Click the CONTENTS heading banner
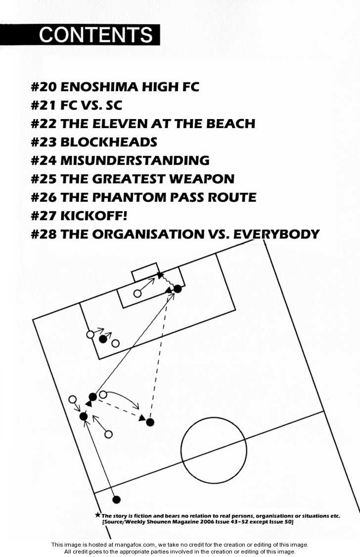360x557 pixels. [80, 35]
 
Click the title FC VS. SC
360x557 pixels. [91, 106]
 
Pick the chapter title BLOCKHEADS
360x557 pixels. [109, 142]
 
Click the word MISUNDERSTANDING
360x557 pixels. [135, 161]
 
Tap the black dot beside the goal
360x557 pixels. [178, 289]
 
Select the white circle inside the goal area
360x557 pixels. [137, 294]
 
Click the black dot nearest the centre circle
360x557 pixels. [150, 422]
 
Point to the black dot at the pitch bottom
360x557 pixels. [116, 500]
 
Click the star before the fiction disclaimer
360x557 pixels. [97, 515]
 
